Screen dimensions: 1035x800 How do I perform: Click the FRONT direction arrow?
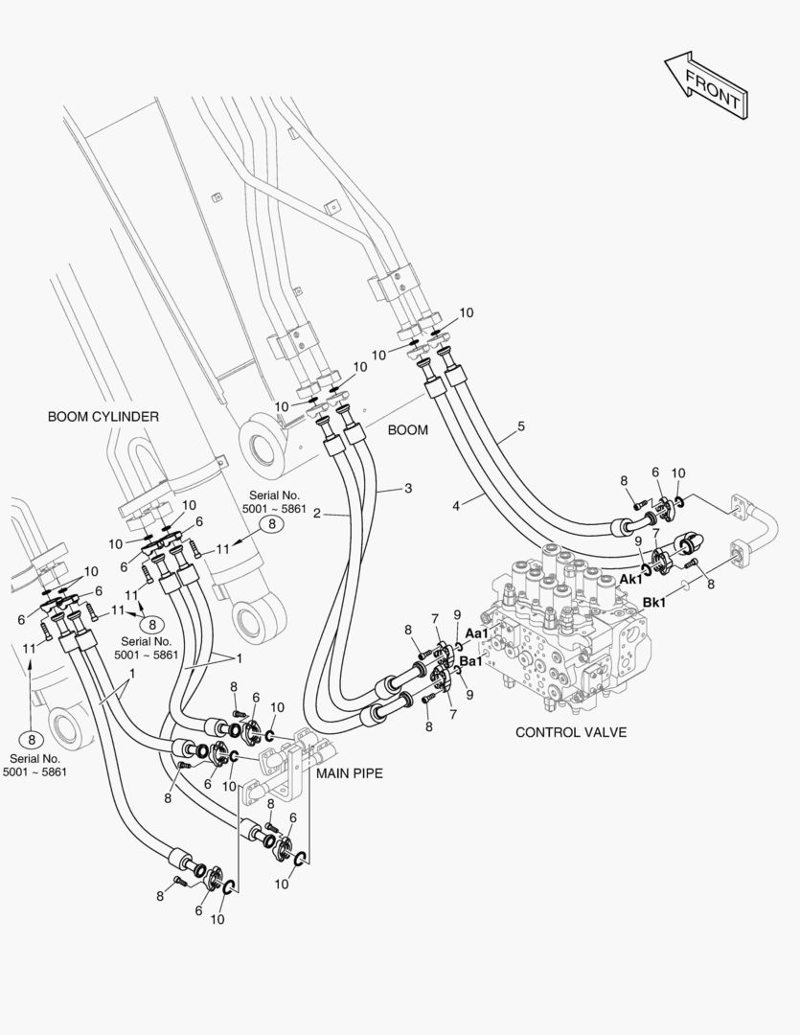pyautogui.click(x=705, y=86)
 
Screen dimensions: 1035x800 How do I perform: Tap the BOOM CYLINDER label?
pyautogui.click(x=103, y=416)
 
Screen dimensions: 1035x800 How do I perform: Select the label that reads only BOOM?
pyautogui.click(x=407, y=430)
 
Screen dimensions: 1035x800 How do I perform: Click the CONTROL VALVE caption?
pyautogui.click(x=571, y=732)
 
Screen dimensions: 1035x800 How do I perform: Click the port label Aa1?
pyautogui.click(x=477, y=633)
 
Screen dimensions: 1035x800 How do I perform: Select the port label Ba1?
pyautogui.click(x=471, y=660)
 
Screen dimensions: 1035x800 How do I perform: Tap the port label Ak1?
pyautogui.click(x=631, y=579)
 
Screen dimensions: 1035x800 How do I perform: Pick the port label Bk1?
pyautogui.click(x=654, y=603)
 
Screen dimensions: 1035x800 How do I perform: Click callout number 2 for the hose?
pyautogui.click(x=316, y=514)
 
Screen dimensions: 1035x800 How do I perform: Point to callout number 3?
pyautogui.click(x=408, y=488)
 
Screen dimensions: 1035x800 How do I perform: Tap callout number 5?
pyautogui.click(x=521, y=425)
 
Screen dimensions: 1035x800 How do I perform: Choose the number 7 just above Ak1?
pyautogui.click(x=656, y=533)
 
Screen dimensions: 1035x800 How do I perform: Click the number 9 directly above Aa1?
pyautogui.click(x=457, y=614)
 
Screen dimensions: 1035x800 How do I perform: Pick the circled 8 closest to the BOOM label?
pyautogui.click(x=272, y=524)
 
